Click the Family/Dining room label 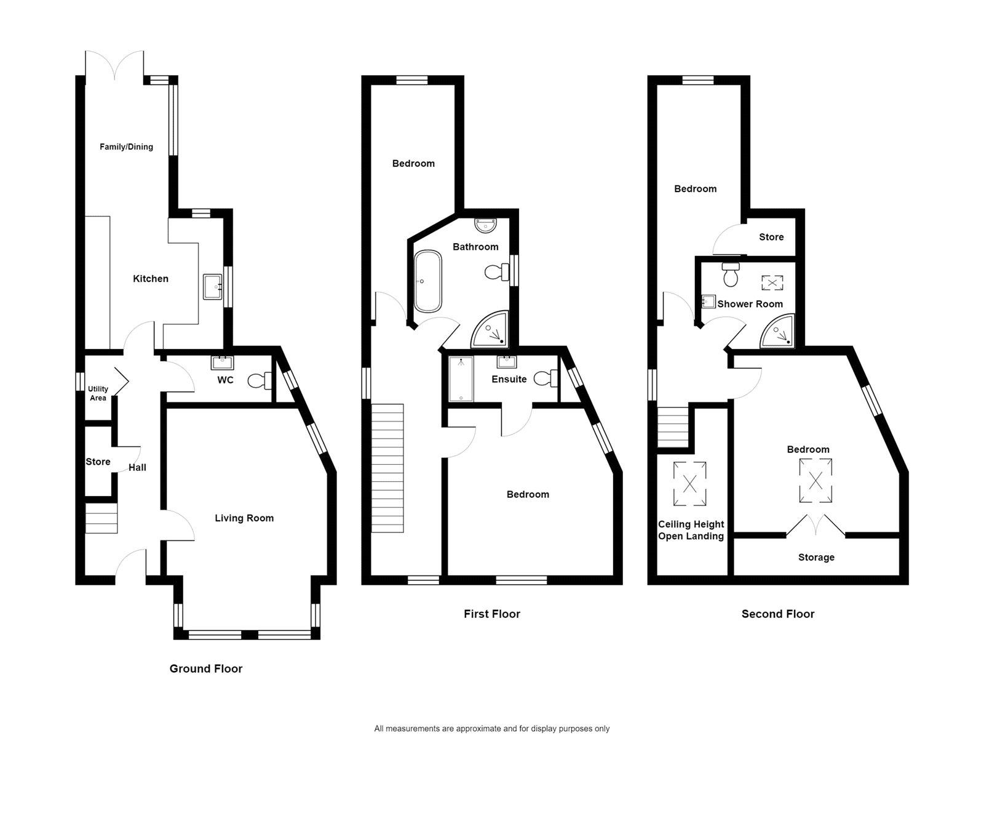point(126,146)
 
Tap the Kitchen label point(151,279)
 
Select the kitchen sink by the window point(213,287)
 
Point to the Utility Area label point(98,393)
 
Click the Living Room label point(244,518)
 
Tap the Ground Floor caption point(206,669)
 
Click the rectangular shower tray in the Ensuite point(461,379)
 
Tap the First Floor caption point(492,614)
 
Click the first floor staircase point(387,468)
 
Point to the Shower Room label point(750,304)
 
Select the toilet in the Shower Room point(731,275)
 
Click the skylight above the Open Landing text point(690,484)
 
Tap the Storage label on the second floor point(816,558)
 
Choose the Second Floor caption point(778,614)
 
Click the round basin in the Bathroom point(487,225)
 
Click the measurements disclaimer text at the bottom point(492,729)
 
